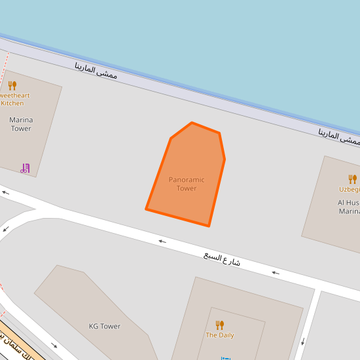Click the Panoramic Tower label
point(187,184)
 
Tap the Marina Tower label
point(20,124)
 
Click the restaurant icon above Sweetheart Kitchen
point(12,85)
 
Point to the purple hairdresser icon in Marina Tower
point(25,168)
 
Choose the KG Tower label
point(105,326)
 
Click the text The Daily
point(220,335)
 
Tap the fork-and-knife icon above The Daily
point(220,325)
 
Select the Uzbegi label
point(350,189)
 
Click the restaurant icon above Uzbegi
point(353,179)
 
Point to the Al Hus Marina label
point(349,207)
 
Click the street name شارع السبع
point(222,259)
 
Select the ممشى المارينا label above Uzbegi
point(339,137)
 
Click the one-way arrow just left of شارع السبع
point(162,242)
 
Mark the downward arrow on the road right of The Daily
point(303,341)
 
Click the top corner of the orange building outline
point(192,123)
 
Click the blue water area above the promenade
point(196,39)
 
